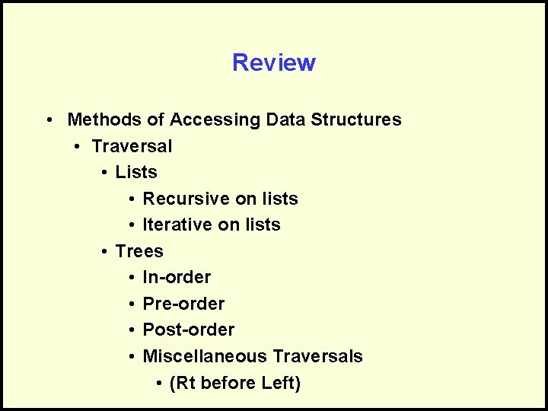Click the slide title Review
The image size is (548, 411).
274,62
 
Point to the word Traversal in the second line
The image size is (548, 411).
132,146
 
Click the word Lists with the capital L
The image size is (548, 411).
136,172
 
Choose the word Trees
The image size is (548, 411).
139,251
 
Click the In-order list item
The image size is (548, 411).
177,277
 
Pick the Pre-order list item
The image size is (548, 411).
183,304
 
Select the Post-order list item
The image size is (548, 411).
189,330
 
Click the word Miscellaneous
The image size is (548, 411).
205,356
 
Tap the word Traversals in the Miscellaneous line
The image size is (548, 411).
317,356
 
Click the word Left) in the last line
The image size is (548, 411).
281,383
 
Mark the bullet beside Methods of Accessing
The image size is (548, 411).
48,120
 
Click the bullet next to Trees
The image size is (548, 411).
104,252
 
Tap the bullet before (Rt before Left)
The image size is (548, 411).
158,384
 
